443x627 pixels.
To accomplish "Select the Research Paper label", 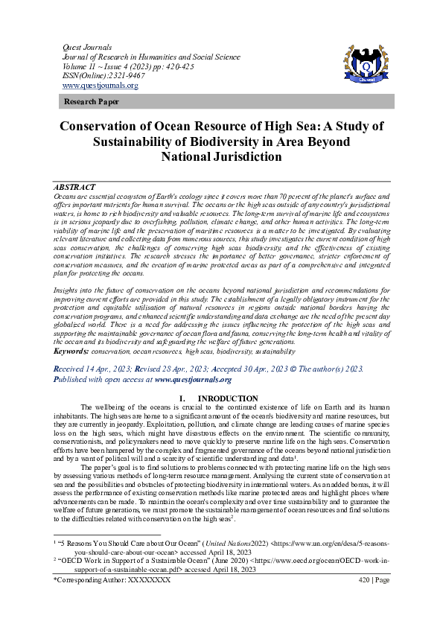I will click(91, 101).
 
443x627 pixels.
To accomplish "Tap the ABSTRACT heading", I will click(74, 186).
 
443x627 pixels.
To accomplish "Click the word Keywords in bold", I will click(72, 351).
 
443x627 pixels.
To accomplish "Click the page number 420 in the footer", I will click(364, 579).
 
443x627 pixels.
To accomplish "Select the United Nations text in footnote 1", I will click(211, 544).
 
